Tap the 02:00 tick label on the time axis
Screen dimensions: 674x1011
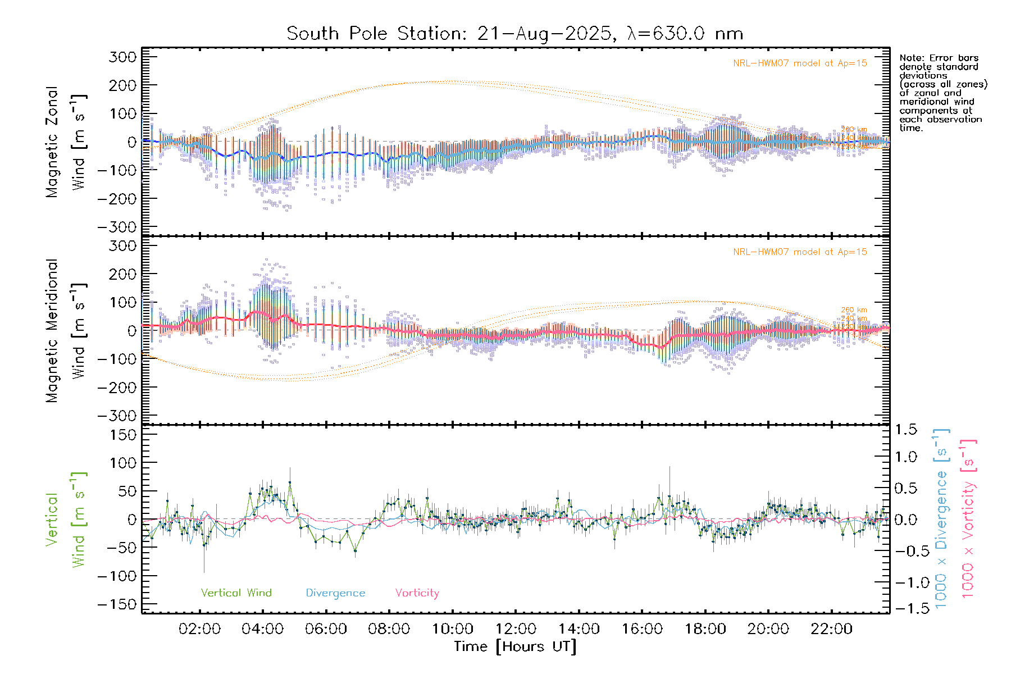point(199,629)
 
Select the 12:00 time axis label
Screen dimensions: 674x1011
point(516,629)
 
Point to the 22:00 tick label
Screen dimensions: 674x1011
point(831,629)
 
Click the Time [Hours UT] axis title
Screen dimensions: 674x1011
point(515,646)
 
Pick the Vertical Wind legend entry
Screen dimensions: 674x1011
point(236,593)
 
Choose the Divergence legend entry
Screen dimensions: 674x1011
point(335,593)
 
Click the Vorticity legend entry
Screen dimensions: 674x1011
point(417,593)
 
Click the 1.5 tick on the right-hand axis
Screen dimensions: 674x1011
point(906,430)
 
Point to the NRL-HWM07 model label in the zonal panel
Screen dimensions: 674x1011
point(800,63)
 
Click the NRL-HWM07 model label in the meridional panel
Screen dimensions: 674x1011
point(800,252)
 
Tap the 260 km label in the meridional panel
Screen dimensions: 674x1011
point(854,310)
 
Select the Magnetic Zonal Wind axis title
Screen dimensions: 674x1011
point(66,142)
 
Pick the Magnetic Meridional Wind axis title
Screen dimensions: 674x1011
point(66,331)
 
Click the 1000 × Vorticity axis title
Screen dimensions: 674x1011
point(968,518)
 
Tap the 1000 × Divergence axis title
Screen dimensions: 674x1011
point(941,518)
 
